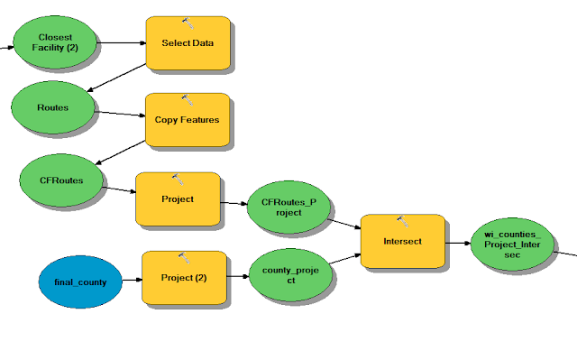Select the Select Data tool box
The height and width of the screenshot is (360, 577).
click(x=188, y=42)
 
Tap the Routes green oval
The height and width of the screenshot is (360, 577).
click(x=53, y=107)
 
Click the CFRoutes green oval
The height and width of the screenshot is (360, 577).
click(x=62, y=180)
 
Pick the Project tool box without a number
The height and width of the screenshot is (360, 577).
click(x=178, y=198)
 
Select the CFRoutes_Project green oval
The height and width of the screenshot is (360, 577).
click(x=288, y=208)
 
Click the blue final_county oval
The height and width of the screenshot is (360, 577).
click(x=80, y=282)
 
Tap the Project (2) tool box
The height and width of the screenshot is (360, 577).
click(x=184, y=277)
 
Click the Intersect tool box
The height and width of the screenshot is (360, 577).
click(x=402, y=241)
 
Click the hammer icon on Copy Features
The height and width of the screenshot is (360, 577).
click(x=187, y=98)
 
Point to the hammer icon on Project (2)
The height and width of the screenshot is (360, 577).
click(x=184, y=257)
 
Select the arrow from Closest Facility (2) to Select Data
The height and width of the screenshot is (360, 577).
click(x=122, y=42)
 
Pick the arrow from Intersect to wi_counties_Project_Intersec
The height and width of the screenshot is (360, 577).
click(x=458, y=242)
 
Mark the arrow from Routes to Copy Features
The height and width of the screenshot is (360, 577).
click(x=119, y=113)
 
